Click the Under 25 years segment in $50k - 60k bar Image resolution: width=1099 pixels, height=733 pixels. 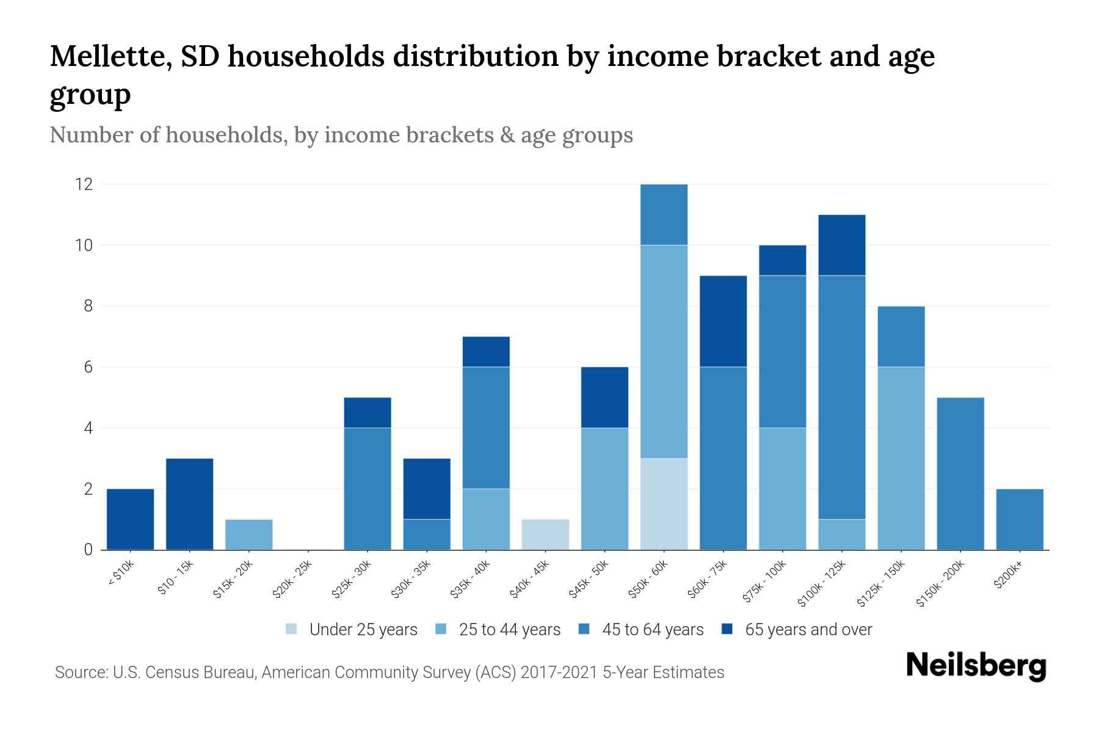point(664,504)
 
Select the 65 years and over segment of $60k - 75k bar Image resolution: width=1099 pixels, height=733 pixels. point(723,321)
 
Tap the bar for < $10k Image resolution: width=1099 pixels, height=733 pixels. point(130,519)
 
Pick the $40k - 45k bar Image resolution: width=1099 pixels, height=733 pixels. point(545,534)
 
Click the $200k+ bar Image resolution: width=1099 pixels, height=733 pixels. point(1019,519)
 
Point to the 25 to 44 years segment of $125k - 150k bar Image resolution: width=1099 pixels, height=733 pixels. point(901,458)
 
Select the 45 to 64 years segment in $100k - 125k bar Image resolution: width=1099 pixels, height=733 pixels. point(841,397)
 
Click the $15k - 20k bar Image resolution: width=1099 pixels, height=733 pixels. point(248,534)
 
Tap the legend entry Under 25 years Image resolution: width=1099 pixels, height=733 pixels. point(363,630)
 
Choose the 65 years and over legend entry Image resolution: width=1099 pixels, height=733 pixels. point(808,630)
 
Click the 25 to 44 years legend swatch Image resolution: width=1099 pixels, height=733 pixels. point(441,629)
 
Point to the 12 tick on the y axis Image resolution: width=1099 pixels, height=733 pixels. point(84,184)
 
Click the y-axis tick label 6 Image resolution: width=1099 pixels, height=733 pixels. point(88,367)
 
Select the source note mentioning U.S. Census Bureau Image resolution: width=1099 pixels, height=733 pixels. point(390,673)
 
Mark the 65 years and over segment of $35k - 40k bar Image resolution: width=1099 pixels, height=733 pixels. point(486,352)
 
